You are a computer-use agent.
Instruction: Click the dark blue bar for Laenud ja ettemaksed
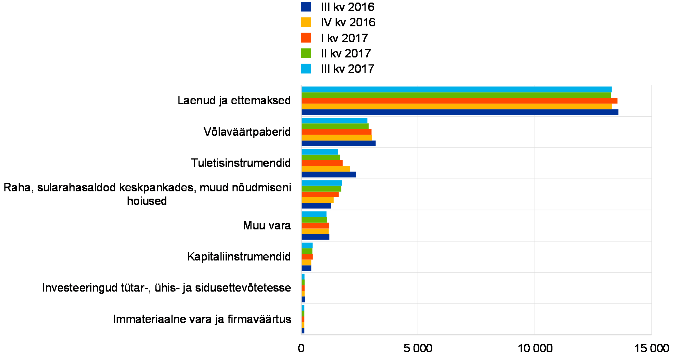(x=460, y=112)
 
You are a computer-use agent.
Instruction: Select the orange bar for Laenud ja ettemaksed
(x=459, y=101)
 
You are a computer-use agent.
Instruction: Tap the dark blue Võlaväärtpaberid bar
(x=339, y=143)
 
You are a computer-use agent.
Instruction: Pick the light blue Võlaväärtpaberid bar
(x=335, y=120)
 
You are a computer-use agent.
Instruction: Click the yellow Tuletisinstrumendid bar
(x=326, y=169)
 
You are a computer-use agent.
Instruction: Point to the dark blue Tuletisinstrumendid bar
(x=329, y=175)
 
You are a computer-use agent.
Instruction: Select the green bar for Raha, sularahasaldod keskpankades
(x=321, y=189)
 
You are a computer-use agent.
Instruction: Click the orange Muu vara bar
(x=316, y=226)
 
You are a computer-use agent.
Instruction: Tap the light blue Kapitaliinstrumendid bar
(x=307, y=245)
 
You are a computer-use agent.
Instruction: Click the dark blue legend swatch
(x=306, y=7)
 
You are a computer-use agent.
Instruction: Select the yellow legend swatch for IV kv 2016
(x=306, y=22)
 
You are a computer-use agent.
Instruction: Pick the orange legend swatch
(x=306, y=38)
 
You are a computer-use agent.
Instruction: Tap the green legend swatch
(x=306, y=53)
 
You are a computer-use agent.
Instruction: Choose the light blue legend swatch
(x=306, y=69)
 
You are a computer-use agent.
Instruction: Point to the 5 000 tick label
(x=418, y=348)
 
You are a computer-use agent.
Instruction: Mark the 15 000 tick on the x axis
(x=654, y=348)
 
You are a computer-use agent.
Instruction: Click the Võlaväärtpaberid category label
(x=247, y=132)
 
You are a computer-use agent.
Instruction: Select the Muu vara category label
(x=268, y=226)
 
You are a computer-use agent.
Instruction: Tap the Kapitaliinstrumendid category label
(x=240, y=257)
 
